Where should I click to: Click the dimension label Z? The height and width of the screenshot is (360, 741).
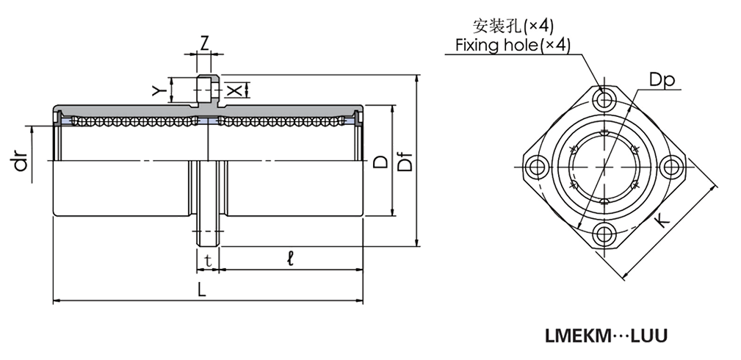pyautogui.click(x=206, y=40)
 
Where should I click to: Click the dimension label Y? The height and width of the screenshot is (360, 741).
pyautogui.click(x=156, y=90)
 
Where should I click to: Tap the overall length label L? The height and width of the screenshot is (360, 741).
pyautogui.click(x=202, y=289)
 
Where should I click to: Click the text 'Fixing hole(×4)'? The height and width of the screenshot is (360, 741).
pyautogui.click(x=512, y=46)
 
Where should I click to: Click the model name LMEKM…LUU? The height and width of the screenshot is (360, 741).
pyautogui.click(x=605, y=336)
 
